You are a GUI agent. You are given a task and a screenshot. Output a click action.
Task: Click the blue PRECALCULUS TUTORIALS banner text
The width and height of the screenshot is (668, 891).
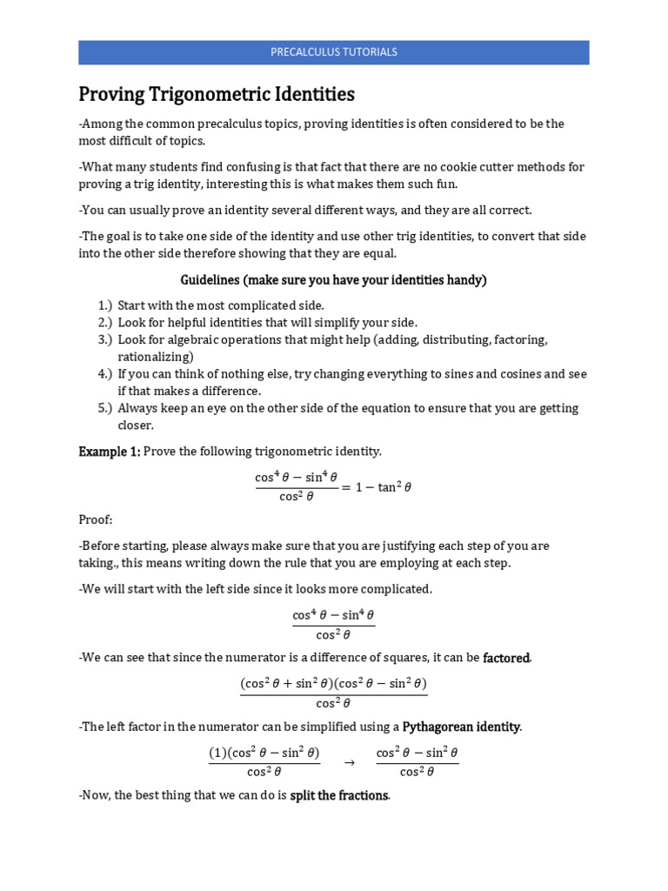tap(334, 52)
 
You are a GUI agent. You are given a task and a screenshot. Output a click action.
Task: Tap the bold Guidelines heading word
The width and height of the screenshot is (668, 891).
tap(210, 280)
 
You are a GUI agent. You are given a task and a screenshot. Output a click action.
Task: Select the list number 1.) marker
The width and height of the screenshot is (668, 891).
tap(105, 305)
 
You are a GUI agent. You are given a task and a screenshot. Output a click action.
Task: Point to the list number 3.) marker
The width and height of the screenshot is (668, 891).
tap(105, 339)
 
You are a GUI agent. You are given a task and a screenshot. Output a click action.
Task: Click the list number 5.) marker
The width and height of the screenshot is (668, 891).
tap(105, 408)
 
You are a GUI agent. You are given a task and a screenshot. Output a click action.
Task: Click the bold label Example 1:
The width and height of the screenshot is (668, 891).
tap(110, 452)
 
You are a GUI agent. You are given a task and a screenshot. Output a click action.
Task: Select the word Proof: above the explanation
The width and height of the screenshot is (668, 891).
tap(96, 520)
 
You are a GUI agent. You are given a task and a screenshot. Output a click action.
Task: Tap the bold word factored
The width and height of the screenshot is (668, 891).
tap(506, 658)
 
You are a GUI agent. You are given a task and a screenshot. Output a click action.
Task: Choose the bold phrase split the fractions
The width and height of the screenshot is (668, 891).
tap(339, 795)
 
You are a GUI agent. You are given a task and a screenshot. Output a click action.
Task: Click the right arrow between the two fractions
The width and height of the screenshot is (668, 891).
tap(350, 762)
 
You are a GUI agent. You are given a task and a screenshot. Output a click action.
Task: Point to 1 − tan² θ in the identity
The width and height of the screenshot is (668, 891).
tap(382, 487)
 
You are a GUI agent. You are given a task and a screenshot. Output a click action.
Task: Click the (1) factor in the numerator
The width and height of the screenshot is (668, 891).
tap(217, 753)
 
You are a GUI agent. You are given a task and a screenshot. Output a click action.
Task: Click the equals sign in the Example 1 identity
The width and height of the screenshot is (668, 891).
tap(346, 487)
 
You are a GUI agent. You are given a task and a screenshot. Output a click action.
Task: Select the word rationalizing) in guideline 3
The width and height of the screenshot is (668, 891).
tap(156, 357)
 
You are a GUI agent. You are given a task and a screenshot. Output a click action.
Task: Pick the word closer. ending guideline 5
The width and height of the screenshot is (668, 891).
tap(137, 425)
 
